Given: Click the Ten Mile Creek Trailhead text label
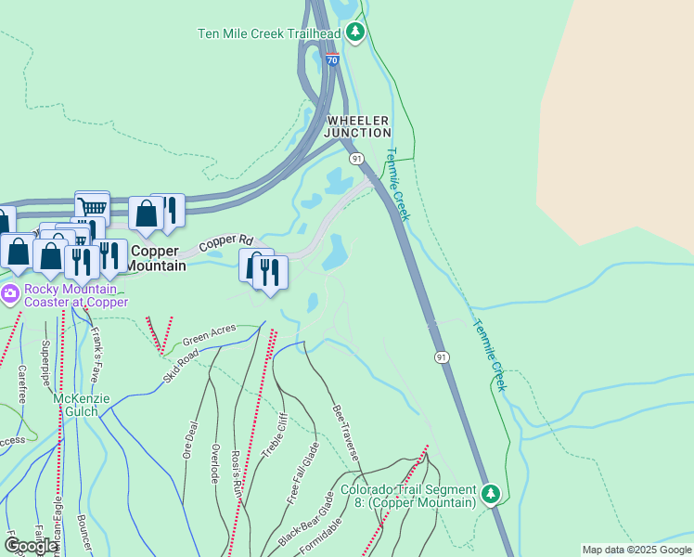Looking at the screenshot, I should [269, 34].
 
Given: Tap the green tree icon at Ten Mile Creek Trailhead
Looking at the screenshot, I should [354, 32].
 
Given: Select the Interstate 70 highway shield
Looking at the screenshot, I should [332, 59].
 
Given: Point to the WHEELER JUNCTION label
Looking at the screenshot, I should [357, 126].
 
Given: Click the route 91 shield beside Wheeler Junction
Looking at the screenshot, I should [356, 160].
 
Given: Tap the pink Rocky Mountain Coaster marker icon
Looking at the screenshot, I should [10, 295].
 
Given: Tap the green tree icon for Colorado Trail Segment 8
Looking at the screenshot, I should [490, 493].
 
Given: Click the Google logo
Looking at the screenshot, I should [31, 547].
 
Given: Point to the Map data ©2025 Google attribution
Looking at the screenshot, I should [636, 550].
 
